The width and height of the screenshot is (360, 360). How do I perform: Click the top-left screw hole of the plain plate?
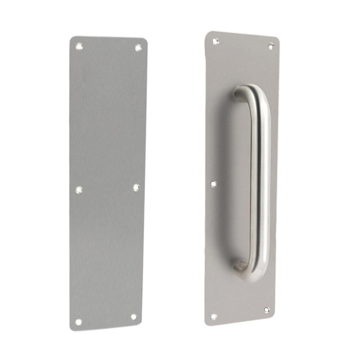click(x=79, y=46)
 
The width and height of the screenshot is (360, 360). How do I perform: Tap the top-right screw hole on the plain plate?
click(x=138, y=47)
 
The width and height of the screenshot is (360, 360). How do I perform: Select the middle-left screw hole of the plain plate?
click(x=79, y=190)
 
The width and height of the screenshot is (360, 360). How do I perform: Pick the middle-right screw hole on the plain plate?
click(x=136, y=187)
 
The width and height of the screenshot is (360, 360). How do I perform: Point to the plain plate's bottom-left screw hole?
click(x=78, y=322)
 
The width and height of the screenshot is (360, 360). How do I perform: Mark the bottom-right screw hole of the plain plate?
click(x=133, y=317)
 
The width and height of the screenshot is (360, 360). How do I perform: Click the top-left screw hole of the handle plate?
click(x=215, y=41)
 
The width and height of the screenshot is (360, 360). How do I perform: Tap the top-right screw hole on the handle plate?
click(x=271, y=46)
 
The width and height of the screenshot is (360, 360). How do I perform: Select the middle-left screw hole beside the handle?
click(x=213, y=184)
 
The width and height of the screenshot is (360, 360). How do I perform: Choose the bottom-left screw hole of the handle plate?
click(x=214, y=317)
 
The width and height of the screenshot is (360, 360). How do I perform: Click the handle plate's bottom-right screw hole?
click(x=266, y=310)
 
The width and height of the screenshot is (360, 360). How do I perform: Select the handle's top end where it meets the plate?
click(x=239, y=94)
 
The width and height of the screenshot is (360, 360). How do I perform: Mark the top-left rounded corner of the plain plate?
click(x=72, y=38)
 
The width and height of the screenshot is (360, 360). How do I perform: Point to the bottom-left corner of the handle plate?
click(x=207, y=323)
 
